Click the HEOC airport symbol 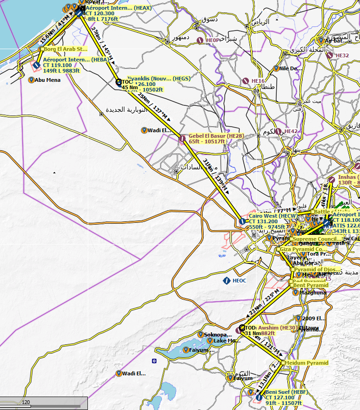[x=227, y=280]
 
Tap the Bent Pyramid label [x=310, y=285]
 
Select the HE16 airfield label [x=258, y=81]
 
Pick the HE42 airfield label [x=291, y=132]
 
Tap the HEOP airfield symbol [x=200, y=41]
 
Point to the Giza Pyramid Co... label [x=304, y=249]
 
